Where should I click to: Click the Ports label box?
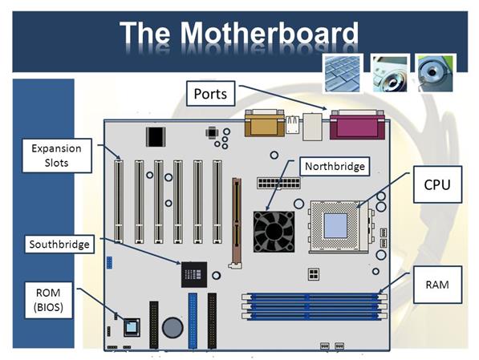(x=210, y=94)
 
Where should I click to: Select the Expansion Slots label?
(x=57, y=156)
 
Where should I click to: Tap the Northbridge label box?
(x=335, y=167)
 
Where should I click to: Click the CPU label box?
(x=437, y=184)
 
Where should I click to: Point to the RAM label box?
(x=437, y=285)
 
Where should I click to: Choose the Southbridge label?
(x=59, y=245)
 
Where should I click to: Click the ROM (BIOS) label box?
(x=48, y=300)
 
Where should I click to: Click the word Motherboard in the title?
(x=270, y=33)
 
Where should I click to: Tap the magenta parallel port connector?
(x=357, y=125)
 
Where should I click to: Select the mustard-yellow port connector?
(x=265, y=123)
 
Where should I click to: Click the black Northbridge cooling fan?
(x=274, y=232)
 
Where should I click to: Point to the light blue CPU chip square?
(x=335, y=225)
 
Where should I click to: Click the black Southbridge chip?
(x=194, y=274)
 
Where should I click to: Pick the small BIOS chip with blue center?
(x=132, y=327)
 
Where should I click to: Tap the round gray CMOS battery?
(x=173, y=328)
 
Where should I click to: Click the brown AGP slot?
(x=236, y=223)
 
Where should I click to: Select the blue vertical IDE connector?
(x=193, y=321)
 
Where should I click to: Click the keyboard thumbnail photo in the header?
(x=343, y=74)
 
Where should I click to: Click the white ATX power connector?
(x=278, y=183)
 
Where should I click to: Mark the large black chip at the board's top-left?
(x=156, y=137)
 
